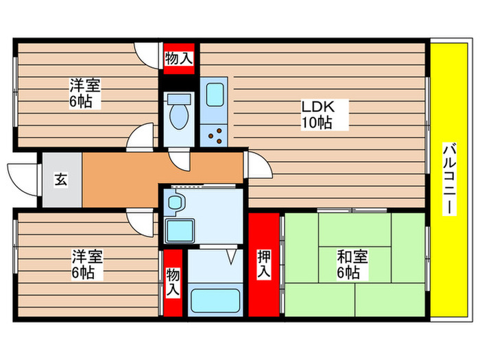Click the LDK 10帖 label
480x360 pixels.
click(x=315, y=115)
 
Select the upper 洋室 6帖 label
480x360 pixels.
click(x=85, y=95)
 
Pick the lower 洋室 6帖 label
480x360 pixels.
click(x=88, y=265)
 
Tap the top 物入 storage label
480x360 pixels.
click(x=178, y=59)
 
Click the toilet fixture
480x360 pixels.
click(x=179, y=112)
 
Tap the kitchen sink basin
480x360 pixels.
click(x=214, y=94)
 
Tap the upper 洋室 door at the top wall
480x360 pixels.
click(x=146, y=53)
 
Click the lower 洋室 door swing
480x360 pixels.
click(x=141, y=222)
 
